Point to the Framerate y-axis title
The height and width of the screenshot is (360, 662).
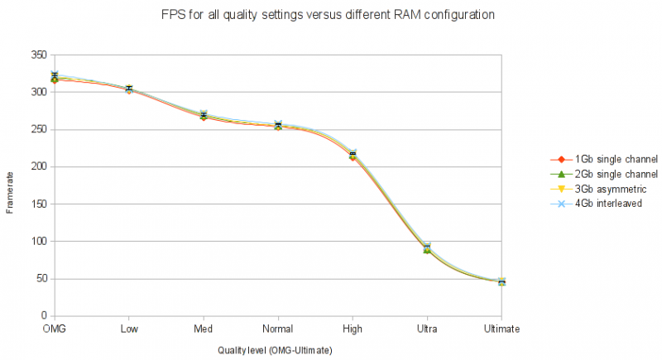coord(10,187)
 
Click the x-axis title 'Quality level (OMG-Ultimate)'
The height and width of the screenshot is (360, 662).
coord(275,351)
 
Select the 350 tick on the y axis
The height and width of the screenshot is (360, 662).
coord(38,55)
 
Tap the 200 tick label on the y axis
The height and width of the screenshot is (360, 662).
coord(38,166)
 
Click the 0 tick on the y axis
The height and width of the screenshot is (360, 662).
coord(43,316)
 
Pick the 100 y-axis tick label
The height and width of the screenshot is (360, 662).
coord(38,242)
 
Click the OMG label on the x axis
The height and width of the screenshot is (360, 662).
coord(55,329)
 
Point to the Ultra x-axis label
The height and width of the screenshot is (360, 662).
coord(427,329)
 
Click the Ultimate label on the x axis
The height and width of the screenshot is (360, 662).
coord(501,329)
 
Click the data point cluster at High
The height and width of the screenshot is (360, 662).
coord(353,155)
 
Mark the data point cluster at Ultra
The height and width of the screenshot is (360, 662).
coord(427,248)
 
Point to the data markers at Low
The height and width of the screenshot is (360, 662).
coord(129,89)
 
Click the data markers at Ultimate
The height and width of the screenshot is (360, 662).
coord(501,282)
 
